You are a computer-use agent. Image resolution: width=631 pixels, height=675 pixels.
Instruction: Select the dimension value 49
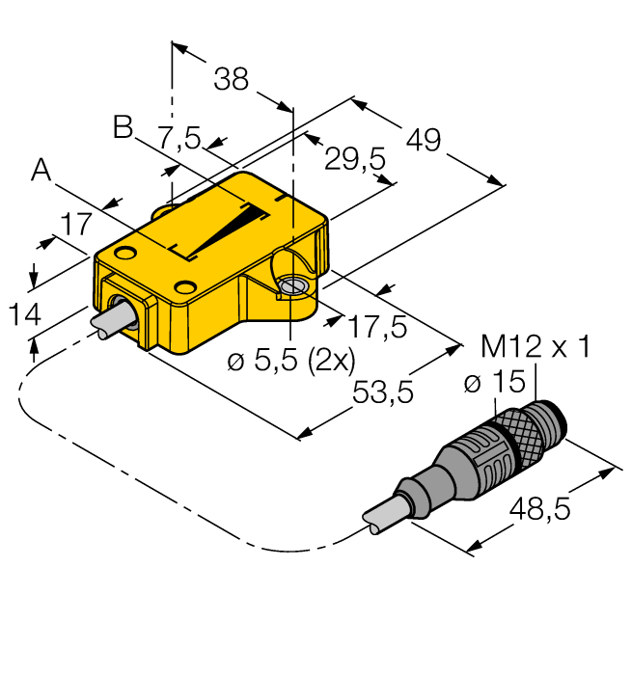423,140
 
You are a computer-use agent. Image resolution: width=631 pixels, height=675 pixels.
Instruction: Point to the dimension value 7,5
178,139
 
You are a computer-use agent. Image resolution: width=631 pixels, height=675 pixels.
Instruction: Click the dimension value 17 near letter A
76,225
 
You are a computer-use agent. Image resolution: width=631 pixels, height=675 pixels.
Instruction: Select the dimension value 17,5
377,326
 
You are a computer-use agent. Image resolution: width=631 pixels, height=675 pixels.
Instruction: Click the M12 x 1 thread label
535,347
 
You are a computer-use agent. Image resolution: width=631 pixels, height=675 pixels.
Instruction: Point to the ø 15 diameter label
491,383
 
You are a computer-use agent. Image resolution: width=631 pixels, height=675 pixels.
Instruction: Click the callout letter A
41,171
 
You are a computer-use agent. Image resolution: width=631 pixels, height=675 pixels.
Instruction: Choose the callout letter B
123,127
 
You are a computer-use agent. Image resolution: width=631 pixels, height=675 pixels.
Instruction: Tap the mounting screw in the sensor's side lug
291,286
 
